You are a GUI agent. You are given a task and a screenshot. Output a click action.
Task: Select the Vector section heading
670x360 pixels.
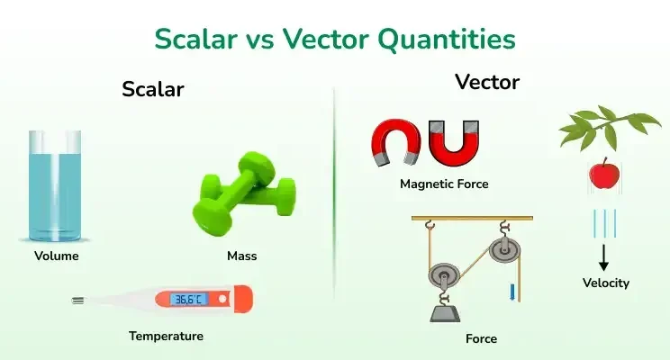coord(487,82)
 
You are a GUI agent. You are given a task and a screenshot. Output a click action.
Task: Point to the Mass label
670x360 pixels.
coord(241,256)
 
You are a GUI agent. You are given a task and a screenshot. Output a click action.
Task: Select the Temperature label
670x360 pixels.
coord(166,336)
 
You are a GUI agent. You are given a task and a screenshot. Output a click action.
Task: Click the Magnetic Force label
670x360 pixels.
coord(444,184)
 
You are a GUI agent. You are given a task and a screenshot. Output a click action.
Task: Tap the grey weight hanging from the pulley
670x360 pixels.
coord(445,311)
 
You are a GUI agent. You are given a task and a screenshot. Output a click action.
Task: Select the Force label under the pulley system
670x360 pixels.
coord(481,339)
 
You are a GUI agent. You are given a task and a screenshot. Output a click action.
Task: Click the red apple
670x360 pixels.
coord(602,173)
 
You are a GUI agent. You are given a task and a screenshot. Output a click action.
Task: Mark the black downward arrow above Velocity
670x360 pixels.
coord(603,256)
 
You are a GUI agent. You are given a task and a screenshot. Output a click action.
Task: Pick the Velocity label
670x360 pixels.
coord(606,283)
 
